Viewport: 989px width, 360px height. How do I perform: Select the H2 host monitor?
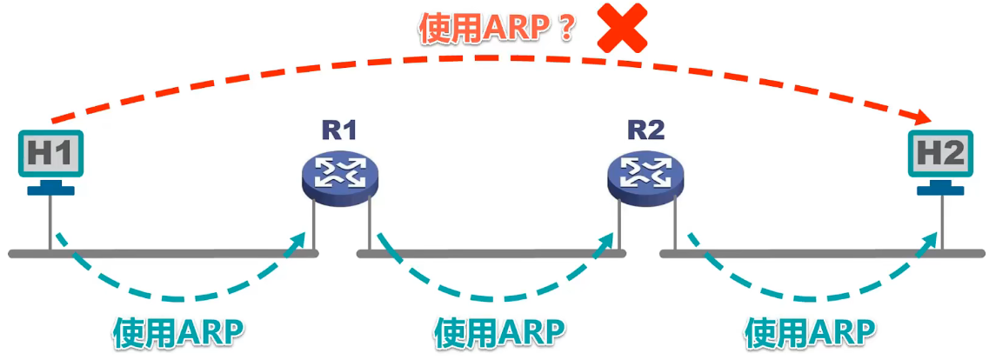tap(939, 155)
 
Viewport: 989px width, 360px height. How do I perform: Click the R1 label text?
tap(340, 130)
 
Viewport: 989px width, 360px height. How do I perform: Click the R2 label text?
tap(645, 130)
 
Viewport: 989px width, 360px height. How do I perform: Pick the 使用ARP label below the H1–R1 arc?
tap(178, 332)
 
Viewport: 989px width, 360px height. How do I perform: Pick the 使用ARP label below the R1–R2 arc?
tap(499, 332)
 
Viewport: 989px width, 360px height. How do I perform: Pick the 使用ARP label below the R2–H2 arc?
tap(810, 332)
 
